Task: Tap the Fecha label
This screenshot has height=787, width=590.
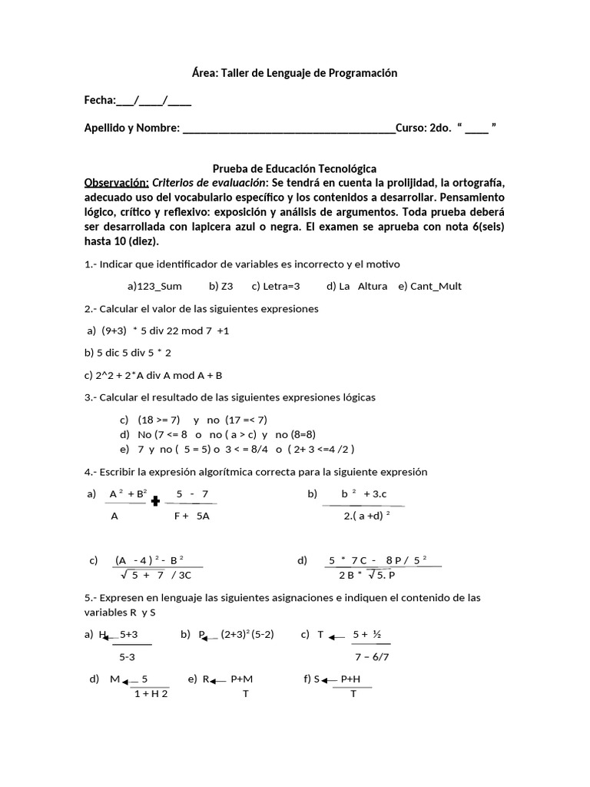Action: click(x=99, y=100)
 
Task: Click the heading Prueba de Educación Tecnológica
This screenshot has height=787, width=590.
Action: click(x=294, y=168)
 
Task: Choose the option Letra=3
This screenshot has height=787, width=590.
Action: click(x=275, y=286)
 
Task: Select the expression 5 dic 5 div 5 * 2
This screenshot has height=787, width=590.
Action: click(x=128, y=353)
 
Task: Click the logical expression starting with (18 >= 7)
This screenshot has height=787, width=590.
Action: click(x=202, y=420)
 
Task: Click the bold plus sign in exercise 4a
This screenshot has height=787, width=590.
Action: click(x=155, y=501)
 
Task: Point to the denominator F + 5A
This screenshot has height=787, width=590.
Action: click(x=191, y=516)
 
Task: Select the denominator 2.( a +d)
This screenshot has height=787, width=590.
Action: click(x=367, y=516)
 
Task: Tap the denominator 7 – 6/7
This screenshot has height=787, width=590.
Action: click(x=372, y=657)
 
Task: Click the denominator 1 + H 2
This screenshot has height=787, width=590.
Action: click(x=151, y=693)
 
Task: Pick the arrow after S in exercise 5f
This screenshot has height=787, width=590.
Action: click(x=330, y=680)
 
